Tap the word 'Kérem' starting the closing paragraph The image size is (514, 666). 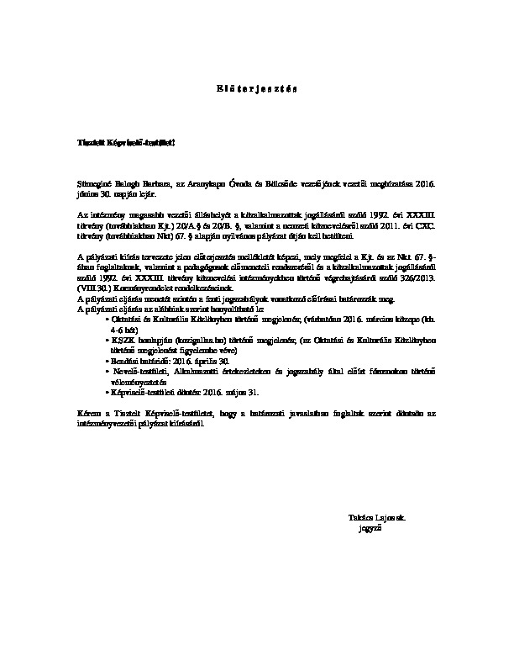coord(87,414)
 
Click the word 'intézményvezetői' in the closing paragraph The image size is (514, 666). coord(102,424)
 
